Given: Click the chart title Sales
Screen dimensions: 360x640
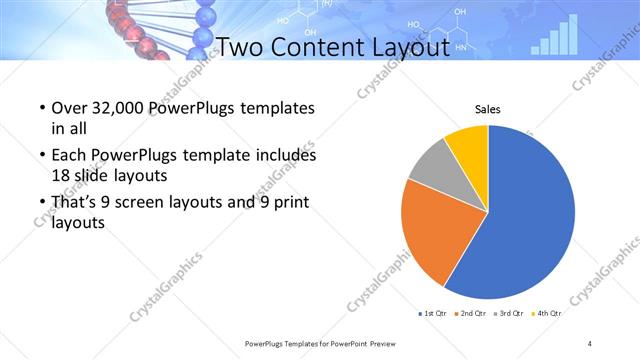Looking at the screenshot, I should pyautogui.click(x=487, y=110).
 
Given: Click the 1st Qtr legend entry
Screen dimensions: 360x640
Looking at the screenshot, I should pyautogui.click(x=432, y=314).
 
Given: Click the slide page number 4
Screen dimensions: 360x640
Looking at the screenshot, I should pyautogui.click(x=590, y=343).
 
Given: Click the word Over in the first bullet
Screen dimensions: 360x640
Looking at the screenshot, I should pyautogui.click(x=67, y=107).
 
